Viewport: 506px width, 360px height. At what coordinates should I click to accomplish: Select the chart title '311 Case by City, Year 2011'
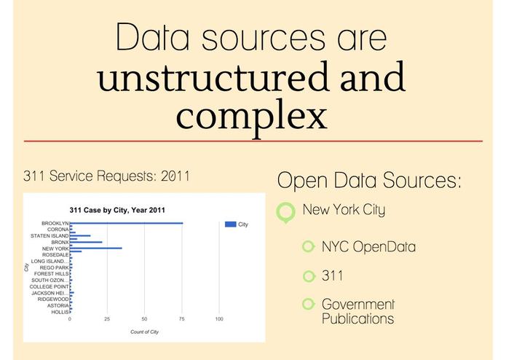[x=117, y=210]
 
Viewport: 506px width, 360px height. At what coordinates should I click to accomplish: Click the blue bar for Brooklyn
[x=127, y=223]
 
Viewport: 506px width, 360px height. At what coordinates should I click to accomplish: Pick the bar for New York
[x=96, y=249]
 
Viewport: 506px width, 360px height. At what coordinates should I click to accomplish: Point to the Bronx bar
[x=86, y=242]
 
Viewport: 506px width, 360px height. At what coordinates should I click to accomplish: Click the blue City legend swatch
[x=230, y=224]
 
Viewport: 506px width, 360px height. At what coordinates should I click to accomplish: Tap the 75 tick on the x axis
[x=182, y=319]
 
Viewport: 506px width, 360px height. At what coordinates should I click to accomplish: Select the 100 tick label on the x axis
[x=219, y=319]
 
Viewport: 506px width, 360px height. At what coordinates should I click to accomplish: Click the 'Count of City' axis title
[x=145, y=332]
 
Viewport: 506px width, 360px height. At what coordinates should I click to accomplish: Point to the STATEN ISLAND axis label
[x=50, y=236]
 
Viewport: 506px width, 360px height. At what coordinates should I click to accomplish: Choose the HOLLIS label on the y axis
[x=60, y=312]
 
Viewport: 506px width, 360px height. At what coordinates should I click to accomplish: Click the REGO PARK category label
[x=54, y=267]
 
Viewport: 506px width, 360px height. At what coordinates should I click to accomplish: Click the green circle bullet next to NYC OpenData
[x=309, y=246]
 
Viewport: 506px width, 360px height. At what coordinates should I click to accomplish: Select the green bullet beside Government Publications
[x=309, y=304]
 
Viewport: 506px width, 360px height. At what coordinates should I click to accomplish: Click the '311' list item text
[x=333, y=275]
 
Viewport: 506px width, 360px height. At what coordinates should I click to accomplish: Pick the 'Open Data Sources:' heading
[x=369, y=180]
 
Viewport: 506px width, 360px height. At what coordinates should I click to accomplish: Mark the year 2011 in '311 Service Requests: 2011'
[x=175, y=176]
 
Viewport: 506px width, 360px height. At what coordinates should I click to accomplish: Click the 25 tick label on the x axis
[x=107, y=319]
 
